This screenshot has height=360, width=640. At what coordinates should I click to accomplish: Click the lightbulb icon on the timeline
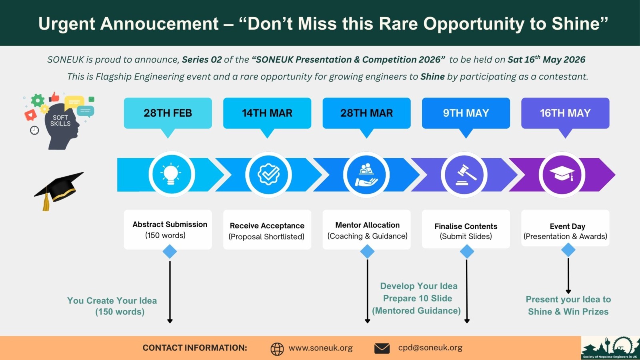(171, 174)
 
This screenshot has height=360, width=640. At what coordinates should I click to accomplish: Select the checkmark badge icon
(268, 174)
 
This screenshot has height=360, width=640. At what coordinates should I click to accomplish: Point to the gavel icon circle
(464, 174)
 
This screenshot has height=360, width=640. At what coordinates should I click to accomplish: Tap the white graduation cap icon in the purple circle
(562, 173)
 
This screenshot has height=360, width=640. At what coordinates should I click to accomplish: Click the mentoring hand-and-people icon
(366, 175)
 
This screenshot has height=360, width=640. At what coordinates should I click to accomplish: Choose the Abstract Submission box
(168, 230)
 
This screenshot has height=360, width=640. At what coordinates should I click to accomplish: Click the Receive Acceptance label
(267, 226)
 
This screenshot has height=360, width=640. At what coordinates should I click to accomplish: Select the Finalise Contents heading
(466, 226)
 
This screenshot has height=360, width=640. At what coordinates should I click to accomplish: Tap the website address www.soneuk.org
(320, 348)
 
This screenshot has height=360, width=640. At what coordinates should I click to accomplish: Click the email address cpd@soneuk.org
(430, 348)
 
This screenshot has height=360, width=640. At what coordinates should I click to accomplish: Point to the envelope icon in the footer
(382, 348)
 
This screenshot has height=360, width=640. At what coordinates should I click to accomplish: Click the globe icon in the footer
(277, 349)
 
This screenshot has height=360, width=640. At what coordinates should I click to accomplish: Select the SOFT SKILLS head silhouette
(61, 126)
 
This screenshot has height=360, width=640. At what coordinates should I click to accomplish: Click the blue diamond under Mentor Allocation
(368, 252)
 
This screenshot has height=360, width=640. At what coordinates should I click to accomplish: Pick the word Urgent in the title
(66, 24)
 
